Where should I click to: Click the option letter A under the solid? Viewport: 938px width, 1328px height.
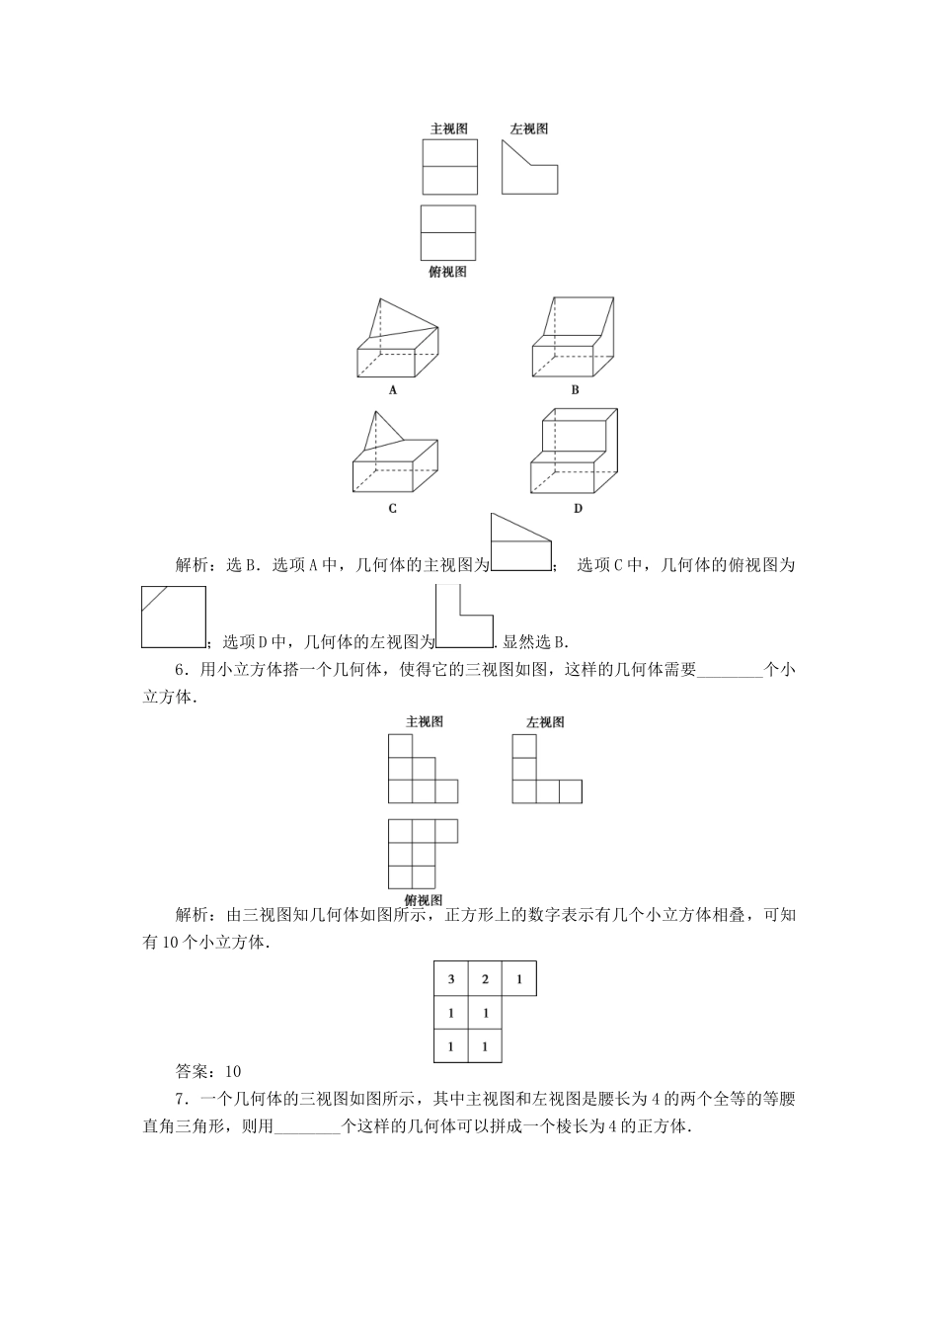(x=393, y=390)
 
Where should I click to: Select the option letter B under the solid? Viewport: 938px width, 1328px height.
(x=576, y=390)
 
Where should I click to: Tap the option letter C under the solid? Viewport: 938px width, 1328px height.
(x=393, y=509)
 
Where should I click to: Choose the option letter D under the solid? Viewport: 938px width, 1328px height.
(x=578, y=509)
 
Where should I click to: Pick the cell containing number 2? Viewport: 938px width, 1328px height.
(x=485, y=979)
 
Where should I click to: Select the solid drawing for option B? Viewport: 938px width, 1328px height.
(x=576, y=338)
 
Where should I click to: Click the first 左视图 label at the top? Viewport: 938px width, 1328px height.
(x=529, y=128)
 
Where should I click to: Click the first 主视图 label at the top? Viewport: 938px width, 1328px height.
(x=448, y=128)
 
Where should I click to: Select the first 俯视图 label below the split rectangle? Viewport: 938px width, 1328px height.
(x=447, y=272)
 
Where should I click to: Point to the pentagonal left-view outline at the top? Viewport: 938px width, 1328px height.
(x=528, y=168)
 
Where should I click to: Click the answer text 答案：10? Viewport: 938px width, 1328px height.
(x=208, y=1071)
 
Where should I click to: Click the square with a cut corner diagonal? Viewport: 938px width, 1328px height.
(x=174, y=616)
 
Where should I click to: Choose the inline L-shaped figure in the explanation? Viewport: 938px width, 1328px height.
(x=463, y=617)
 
